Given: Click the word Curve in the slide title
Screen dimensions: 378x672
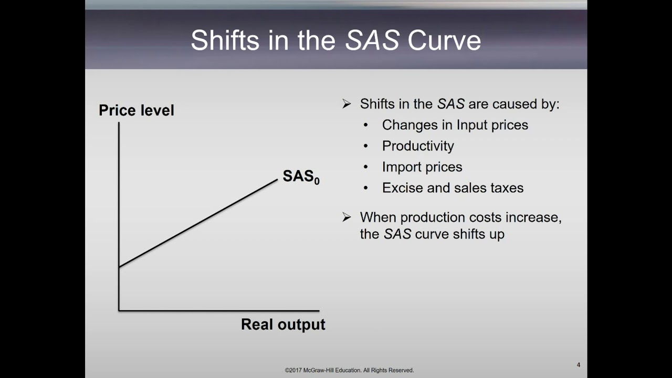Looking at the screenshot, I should pyautogui.click(x=444, y=40).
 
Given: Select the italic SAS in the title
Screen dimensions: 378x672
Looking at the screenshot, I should pyautogui.click(x=372, y=40).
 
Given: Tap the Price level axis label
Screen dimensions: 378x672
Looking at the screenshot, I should pyautogui.click(x=136, y=110).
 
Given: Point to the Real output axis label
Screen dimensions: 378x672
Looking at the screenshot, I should pyautogui.click(x=283, y=324).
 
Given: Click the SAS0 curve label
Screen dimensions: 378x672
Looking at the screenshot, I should pyautogui.click(x=300, y=176).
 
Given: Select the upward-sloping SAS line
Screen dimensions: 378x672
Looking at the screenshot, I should pyautogui.click(x=198, y=224).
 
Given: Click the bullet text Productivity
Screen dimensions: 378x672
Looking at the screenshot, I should pyautogui.click(x=418, y=146).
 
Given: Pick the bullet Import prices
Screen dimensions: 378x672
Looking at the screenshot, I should pyautogui.click(x=422, y=167).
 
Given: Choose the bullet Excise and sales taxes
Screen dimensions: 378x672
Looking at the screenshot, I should pyautogui.click(x=453, y=188).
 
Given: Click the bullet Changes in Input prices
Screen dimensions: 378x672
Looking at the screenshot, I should pyautogui.click(x=455, y=125).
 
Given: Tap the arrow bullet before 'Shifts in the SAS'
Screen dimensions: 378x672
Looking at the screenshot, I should pyautogui.click(x=346, y=104).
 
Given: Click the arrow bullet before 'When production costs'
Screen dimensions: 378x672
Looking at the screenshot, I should pyautogui.click(x=346, y=217).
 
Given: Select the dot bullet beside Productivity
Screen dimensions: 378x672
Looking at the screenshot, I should pyautogui.click(x=366, y=146).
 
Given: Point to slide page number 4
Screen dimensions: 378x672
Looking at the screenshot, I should pyautogui.click(x=578, y=365).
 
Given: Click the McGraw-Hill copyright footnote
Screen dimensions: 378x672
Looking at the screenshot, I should pyautogui.click(x=349, y=370).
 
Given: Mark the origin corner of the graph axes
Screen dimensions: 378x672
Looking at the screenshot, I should pyautogui.click(x=119, y=310).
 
